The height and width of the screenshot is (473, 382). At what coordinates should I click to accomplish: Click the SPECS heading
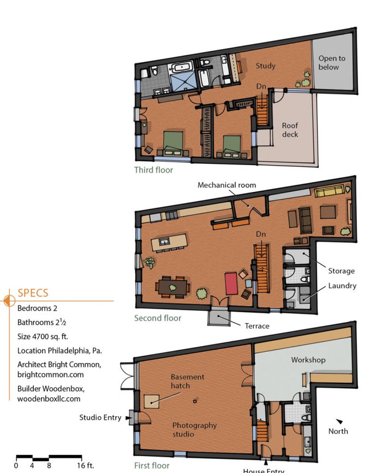[33, 293]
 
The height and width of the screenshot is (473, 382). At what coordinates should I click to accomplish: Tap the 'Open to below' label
[332, 63]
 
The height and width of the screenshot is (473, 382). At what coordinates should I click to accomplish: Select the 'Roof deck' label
[290, 130]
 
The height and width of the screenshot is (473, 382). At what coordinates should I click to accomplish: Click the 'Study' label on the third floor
[266, 66]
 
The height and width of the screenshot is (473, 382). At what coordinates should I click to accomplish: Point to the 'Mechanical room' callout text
[226, 185]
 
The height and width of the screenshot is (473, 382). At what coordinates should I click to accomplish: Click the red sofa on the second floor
[232, 284]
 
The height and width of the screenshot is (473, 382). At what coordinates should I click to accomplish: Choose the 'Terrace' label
[256, 326]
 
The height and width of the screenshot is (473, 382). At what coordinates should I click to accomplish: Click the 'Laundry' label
[342, 285]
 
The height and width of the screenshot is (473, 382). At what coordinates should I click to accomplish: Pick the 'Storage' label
[341, 271]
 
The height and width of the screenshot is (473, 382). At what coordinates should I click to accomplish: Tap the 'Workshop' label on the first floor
[308, 360]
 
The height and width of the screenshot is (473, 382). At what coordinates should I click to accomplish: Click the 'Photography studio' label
[194, 430]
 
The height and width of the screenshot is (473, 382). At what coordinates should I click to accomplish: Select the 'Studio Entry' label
[100, 418]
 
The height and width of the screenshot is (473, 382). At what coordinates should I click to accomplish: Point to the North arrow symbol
[339, 422]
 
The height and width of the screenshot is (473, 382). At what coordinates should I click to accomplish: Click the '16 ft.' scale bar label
[86, 465]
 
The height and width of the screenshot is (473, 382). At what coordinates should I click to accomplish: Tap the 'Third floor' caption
[153, 170]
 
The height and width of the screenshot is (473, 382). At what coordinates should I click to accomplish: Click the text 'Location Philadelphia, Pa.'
[59, 351]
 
